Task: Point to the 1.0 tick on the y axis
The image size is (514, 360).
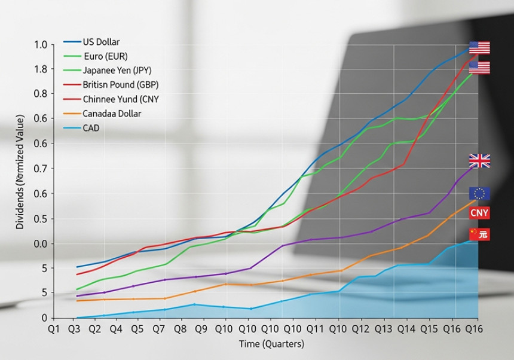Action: (41, 45)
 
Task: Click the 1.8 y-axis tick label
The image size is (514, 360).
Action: (41, 69)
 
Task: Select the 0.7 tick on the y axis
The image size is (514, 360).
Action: (41, 169)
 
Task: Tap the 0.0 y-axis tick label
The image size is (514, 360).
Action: (41, 243)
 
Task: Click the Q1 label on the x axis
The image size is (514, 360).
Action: (53, 330)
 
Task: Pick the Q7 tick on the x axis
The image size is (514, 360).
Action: (159, 330)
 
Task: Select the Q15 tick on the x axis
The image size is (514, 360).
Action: (429, 330)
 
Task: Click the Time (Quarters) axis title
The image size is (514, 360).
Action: (272, 344)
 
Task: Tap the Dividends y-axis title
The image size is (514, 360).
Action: (20, 173)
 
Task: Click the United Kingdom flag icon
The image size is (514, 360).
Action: (479, 161)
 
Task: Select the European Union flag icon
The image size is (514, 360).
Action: (479, 193)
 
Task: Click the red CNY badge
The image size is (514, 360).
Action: (479, 213)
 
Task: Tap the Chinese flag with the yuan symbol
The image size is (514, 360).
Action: (479, 234)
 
